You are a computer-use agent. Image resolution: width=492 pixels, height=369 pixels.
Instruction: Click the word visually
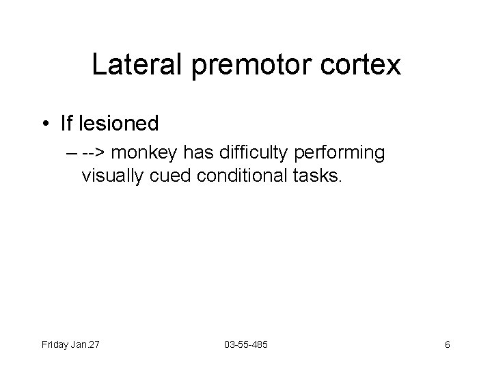(x=112, y=176)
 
